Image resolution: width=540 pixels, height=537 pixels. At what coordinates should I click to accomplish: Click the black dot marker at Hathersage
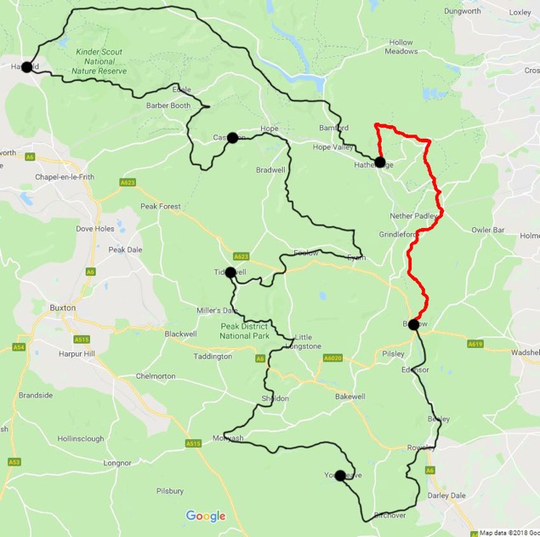click(379, 163)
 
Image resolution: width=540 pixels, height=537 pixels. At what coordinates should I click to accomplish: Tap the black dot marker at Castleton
click(232, 137)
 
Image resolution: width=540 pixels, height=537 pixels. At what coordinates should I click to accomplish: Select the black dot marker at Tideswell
click(230, 272)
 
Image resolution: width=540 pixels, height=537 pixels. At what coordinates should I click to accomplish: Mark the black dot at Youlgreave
click(340, 476)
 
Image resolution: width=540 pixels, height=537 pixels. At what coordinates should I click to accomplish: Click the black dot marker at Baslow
click(413, 324)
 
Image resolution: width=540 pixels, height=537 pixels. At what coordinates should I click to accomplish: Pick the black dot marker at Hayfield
click(26, 67)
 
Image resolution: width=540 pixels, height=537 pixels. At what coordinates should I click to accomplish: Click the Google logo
click(206, 516)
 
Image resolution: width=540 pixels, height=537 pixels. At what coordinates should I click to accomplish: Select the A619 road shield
click(475, 344)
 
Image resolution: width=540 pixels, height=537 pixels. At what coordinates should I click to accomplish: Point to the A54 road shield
click(17, 347)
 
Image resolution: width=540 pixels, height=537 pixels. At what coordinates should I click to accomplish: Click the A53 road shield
click(14, 460)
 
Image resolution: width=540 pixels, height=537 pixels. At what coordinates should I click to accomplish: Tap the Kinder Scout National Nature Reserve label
click(100, 61)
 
